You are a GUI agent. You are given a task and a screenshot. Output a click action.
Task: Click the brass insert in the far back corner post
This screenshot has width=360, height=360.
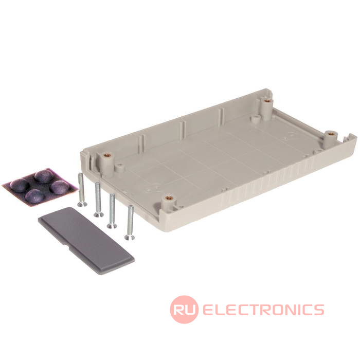(266, 101)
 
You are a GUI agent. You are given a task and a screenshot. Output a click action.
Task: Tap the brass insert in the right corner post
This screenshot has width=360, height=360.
(330, 133)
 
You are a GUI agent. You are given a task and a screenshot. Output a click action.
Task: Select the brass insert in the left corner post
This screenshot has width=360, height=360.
(106, 155)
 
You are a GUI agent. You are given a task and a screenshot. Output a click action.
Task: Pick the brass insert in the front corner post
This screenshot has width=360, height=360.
(168, 197)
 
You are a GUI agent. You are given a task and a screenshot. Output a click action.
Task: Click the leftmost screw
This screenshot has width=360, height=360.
(81, 190)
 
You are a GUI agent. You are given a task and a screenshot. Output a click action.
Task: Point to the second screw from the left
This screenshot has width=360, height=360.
(98, 200)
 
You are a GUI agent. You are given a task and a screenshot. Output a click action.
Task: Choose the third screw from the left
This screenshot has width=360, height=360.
(112, 211)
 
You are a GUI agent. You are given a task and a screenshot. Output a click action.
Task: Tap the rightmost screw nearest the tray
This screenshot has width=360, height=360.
(130, 223)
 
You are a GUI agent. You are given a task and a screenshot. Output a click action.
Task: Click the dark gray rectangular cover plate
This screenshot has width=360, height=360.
(86, 241)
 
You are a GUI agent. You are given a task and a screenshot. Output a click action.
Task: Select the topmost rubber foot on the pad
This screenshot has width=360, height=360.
(44, 176)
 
